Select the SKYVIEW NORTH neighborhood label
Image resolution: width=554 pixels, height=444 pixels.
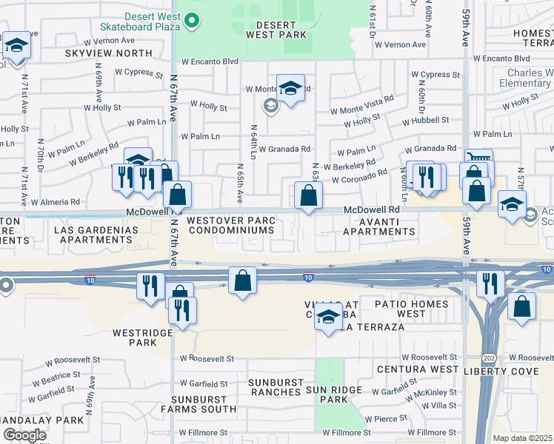[x=108, y=54]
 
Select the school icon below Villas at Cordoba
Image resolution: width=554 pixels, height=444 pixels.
[x=327, y=318]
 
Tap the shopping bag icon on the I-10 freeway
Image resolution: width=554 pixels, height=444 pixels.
[x=242, y=281]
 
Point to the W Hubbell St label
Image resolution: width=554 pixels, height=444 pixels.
[x=425, y=120]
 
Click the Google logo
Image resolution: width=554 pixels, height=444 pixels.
[x=24, y=434]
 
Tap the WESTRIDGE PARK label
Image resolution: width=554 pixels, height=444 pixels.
[x=134, y=337]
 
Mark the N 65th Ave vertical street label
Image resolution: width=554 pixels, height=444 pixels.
[x=239, y=183]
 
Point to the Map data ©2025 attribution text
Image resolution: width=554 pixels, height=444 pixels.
[x=523, y=438]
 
